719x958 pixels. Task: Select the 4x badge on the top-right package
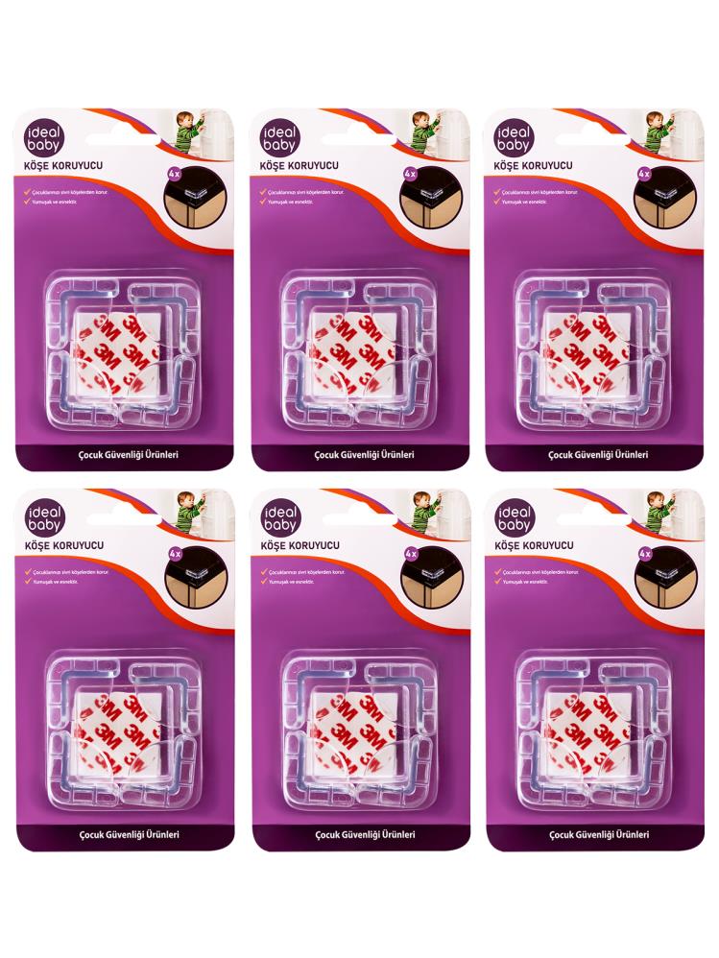(643, 176)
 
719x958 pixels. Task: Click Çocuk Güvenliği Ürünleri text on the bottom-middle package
(360, 835)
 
